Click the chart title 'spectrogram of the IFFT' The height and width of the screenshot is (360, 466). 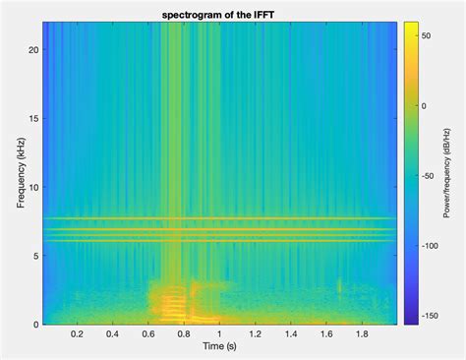[217, 13]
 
